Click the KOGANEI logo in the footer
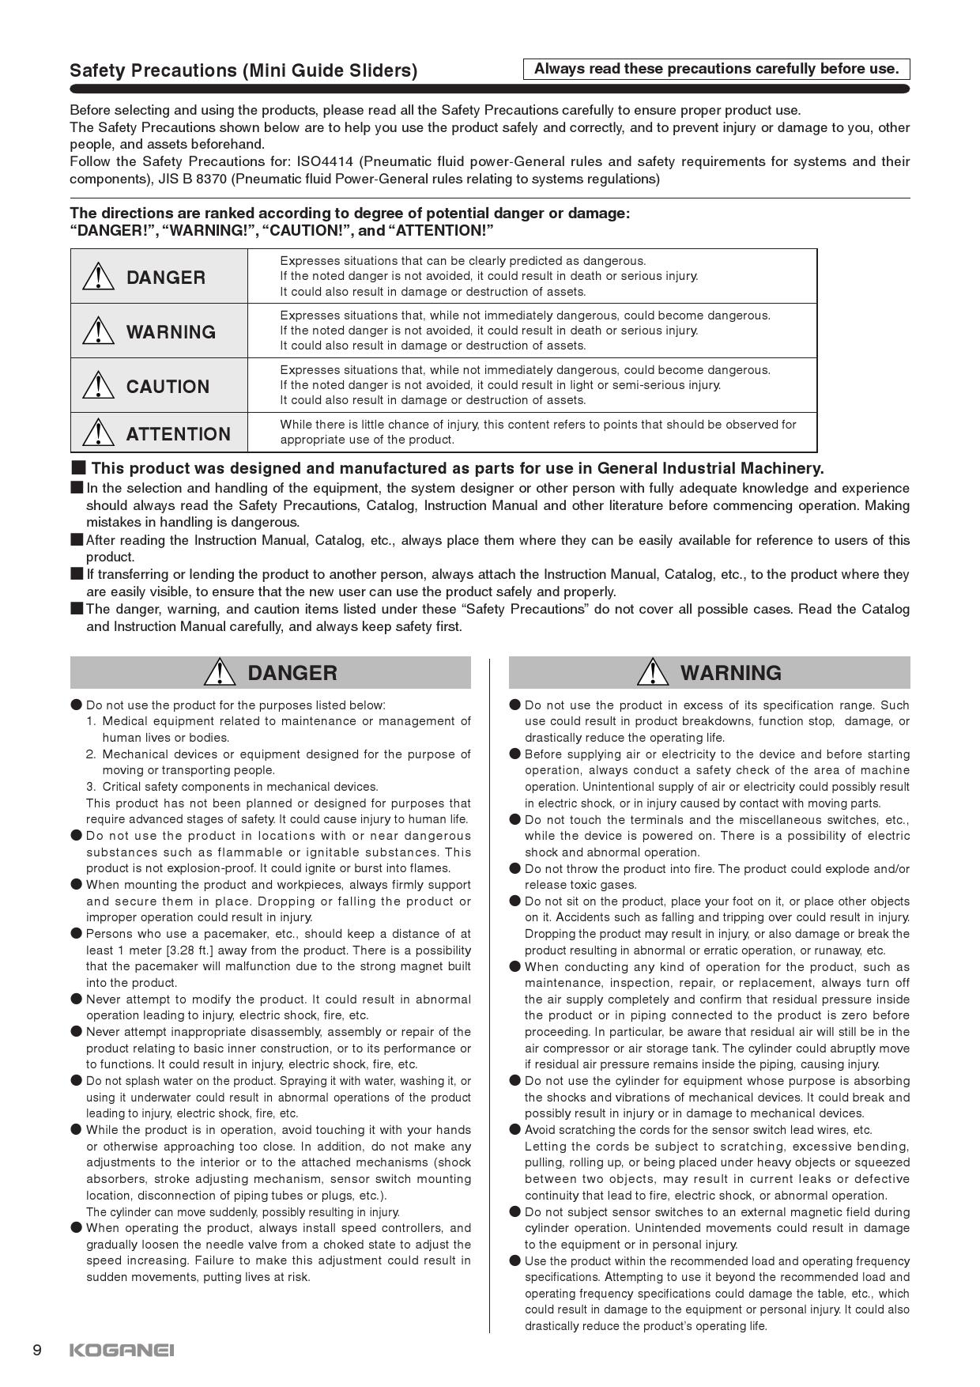point(122,1350)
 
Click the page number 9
point(37,1350)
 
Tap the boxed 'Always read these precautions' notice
point(716,69)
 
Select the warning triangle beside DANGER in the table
point(98,277)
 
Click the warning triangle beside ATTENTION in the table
point(98,433)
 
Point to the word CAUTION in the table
point(168,387)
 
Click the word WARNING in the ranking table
point(171,332)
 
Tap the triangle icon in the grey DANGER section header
point(220,672)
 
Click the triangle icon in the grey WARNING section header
point(653,672)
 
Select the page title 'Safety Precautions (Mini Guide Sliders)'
point(243,70)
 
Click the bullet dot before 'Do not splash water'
point(77,1081)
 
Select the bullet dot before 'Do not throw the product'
point(515,869)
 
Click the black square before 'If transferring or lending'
point(77,574)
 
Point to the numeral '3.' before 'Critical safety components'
point(92,787)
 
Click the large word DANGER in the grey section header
point(292,673)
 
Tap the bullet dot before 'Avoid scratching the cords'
point(515,1130)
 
